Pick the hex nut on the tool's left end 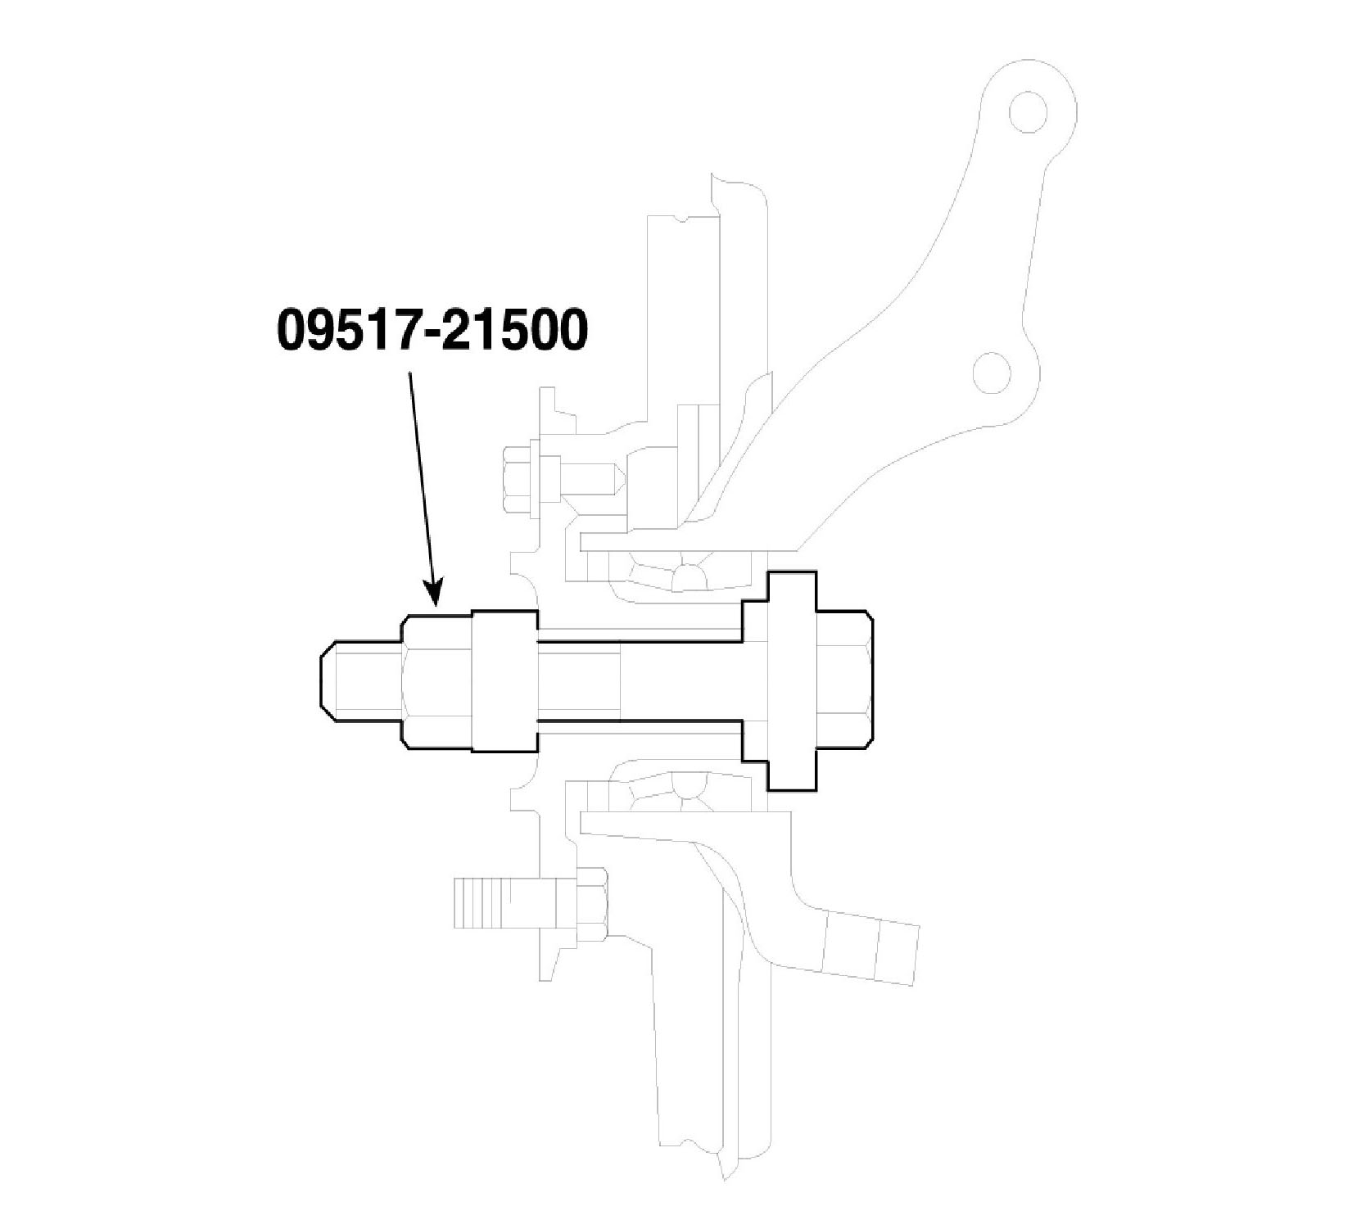[436, 681]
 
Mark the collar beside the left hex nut [504, 681]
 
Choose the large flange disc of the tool [791, 681]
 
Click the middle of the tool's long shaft [639, 681]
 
